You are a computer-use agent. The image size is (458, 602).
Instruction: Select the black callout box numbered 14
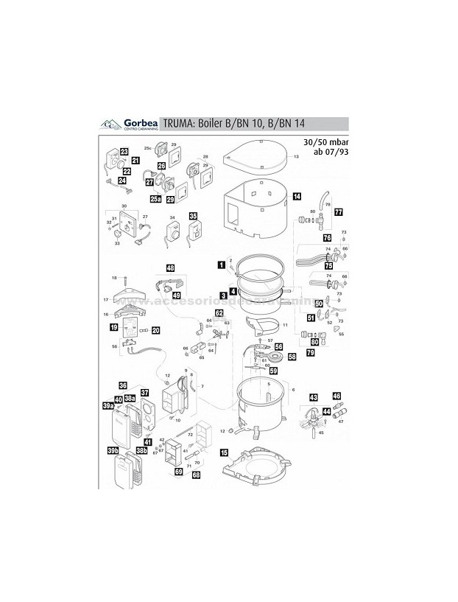[296, 197]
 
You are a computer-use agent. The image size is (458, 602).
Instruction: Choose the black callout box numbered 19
[114, 326]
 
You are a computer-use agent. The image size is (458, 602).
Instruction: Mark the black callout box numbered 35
[193, 217]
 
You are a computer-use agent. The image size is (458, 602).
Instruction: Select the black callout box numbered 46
[337, 396]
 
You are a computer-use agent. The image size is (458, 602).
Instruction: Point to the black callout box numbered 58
[292, 357]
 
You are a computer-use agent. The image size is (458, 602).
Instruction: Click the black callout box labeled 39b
[113, 450]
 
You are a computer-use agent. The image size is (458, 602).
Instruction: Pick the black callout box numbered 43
[313, 397]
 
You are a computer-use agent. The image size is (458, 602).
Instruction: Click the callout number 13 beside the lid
[297, 158]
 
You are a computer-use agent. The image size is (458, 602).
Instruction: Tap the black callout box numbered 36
[124, 385]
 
